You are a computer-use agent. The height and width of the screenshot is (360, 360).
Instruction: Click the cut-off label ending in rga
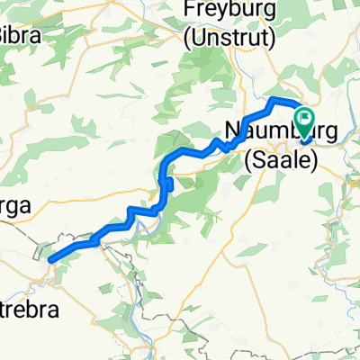[x=14, y=205]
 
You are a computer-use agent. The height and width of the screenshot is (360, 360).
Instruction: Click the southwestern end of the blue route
[x=50, y=259]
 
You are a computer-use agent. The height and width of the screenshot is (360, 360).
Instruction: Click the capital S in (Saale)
[x=259, y=160]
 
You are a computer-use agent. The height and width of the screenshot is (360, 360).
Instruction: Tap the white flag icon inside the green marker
[x=304, y=118]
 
